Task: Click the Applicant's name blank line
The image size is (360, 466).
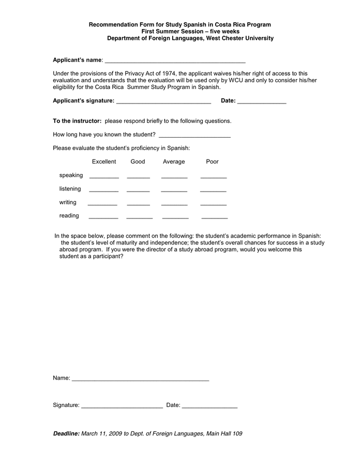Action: click(175, 61)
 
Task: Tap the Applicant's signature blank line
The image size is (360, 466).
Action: click(163, 102)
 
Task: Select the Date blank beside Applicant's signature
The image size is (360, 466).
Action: click(262, 102)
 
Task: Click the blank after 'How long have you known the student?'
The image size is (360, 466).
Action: click(194, 136)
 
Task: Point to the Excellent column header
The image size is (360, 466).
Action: click(104, 162)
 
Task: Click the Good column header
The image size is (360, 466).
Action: click(138, 162)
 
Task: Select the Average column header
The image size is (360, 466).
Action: click(174, 162)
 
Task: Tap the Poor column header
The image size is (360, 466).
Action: click(212, 162)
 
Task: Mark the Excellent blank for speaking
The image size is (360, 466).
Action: click(104, 177)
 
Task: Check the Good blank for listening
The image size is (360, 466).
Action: click(138, 190)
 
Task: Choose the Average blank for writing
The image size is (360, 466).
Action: click(174, 203)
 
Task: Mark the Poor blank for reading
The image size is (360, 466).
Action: click(214, 217)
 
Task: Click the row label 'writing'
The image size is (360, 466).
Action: click(68, 202)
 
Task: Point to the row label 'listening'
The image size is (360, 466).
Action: click(70, 189)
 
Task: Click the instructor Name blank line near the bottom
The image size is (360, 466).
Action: click(140, 380)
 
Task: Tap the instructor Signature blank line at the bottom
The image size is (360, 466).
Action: click(122, 406)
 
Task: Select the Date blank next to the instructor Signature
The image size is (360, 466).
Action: click(209, 406)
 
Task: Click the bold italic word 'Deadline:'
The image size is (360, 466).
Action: click(66, 433)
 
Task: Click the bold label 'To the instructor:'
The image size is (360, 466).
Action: click(77, 121)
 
